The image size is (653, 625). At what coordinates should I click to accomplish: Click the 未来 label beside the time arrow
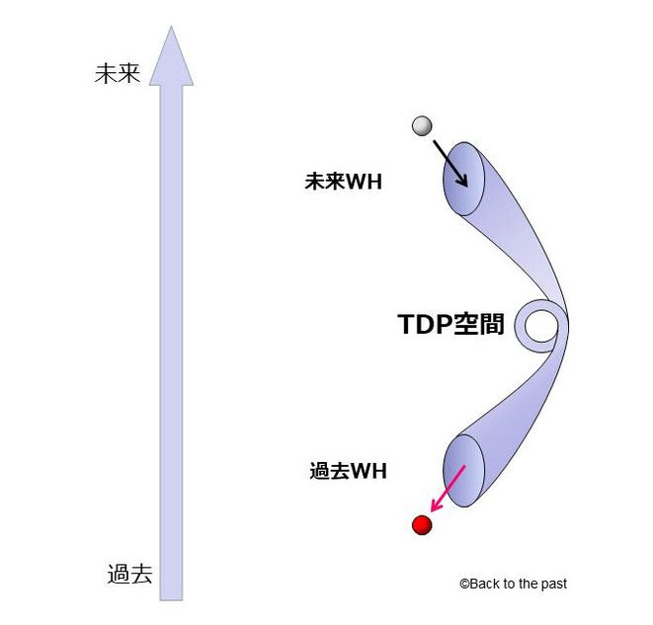(118, 74)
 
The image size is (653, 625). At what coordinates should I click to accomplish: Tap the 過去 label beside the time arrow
(129, 574)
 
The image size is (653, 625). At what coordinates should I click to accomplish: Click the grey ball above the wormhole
(423, 125)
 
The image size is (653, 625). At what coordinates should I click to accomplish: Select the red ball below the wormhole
(422, 524)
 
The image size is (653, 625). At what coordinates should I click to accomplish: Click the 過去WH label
(348, 471)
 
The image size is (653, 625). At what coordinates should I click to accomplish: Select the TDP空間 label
(450, 324)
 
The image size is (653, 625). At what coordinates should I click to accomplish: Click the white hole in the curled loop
(540, 325)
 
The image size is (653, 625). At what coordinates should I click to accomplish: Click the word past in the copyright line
(554, 584)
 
